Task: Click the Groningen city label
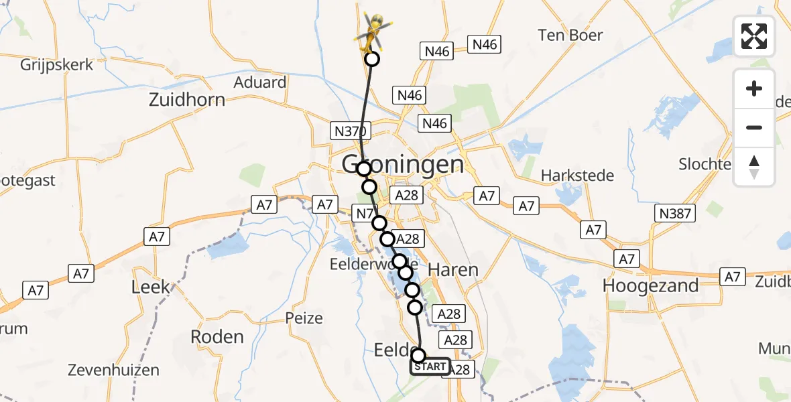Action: [x=403, y=164]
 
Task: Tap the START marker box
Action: [x=430, y=366]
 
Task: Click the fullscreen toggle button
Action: [x=754, y=36]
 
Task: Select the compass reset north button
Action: [x=754, y=167]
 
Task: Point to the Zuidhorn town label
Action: [x=187, y=100]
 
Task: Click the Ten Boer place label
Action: [x=570, y=35]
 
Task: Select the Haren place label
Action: [x=454, y=270]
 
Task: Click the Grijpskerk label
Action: [x=56, y=65]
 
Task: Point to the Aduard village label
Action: [x=260, y=82]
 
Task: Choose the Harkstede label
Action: [x=577, y=176]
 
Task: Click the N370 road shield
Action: [x=348, y=131]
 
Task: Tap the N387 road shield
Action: [x=675, y=214]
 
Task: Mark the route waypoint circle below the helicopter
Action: [x=371, y=60]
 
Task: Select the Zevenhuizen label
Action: [x=113, y=370]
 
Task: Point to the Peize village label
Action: [x=304, y=318]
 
